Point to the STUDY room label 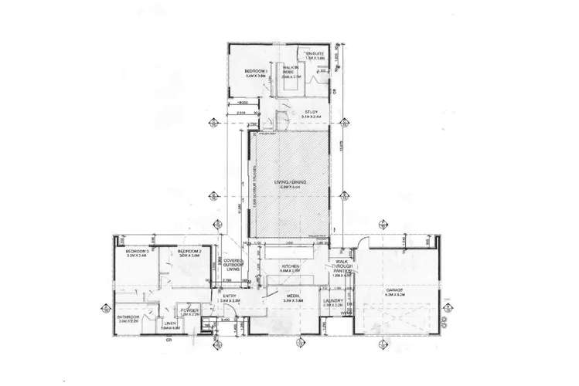coord(312,113)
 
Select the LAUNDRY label coord(332,300)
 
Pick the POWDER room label coord(189,310)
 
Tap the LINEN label coord(170,323)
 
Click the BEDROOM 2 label coord(188,252)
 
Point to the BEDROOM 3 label coord(136,252)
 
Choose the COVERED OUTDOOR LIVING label coord(234,266)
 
